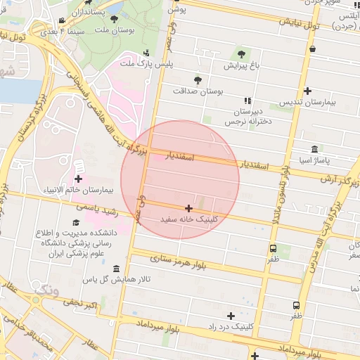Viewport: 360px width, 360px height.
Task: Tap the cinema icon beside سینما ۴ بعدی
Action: pyautogui.click(x=62, y=20)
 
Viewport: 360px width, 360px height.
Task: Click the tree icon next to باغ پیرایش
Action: pyautogui.click(x=241, y=53)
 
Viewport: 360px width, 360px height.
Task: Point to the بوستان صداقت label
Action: pyautogui.click(x=197, y=91)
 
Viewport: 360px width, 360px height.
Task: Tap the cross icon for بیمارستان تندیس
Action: pyautogui.click(x=307, y=91)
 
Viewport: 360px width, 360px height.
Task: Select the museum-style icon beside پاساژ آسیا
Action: pyautogui.click(x=313, y=149)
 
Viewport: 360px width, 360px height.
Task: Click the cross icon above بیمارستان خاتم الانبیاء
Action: pyautogui.click(x=77, y=179)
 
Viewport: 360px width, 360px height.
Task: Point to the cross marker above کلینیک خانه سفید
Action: pyautogui.click(x=188, y=208)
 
